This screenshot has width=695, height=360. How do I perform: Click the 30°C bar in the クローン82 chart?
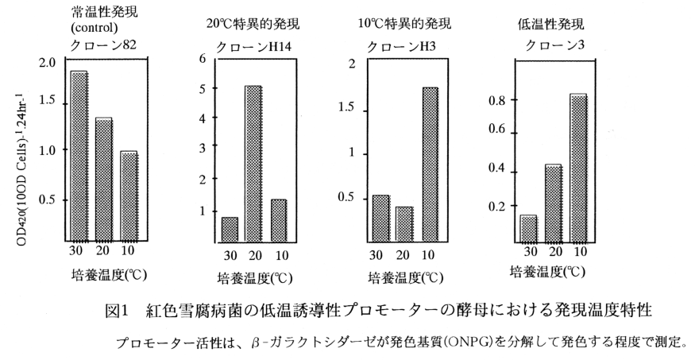point(79,155)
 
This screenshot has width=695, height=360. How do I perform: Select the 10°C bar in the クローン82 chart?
point(128,195)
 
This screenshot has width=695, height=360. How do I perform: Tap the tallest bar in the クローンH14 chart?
point(253,162)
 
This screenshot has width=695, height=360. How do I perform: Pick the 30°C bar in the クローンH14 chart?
point(230,228)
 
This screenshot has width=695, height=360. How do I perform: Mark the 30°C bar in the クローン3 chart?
point(528,227)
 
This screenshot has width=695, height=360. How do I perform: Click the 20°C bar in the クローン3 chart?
point(552,202)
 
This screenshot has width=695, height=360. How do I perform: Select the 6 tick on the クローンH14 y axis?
point(203,58)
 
